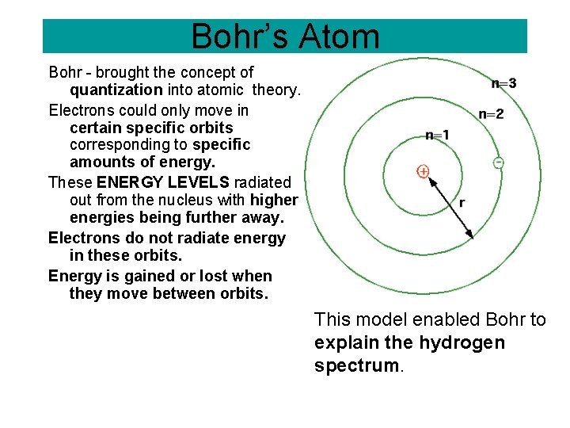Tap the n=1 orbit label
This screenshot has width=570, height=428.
click(x=437, y=136)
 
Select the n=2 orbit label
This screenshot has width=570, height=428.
click(x=491, y=114)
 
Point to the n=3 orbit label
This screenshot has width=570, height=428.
click(x=503, y=83)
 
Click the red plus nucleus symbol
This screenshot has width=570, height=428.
click(x=423, y=171)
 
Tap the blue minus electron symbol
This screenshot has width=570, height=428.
click(x=498, y=162)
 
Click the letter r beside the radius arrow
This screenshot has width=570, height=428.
click(x=462, y=203)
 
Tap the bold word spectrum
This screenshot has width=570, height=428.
click(x=346, y=366)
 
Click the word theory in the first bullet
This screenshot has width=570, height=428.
click(x=276, y=90)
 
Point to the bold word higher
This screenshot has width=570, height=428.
click(x=274, y=200)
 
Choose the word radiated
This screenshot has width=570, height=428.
click(x=263, y=182)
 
